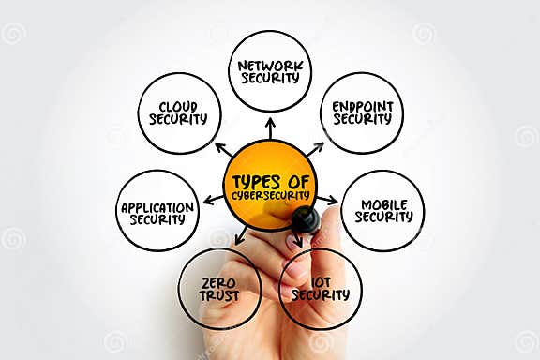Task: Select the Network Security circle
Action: tap(270, 71)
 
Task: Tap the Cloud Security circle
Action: tap(179, 113)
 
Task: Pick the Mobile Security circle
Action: tap(382, 210)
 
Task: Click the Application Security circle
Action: tap(157, 211)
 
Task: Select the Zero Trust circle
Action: tap(219, 289)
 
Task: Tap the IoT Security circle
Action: tap(320, 289)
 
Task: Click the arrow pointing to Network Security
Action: tap(270, 126)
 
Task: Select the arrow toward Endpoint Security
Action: tap(315, 148)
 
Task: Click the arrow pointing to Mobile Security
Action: tap(327, 199)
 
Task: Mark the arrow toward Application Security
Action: tap(213, 199)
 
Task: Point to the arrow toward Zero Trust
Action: tap(241, 234)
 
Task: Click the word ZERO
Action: tap(219, 281)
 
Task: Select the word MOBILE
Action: tap(383, 203)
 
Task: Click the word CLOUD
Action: tap(179, 106)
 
